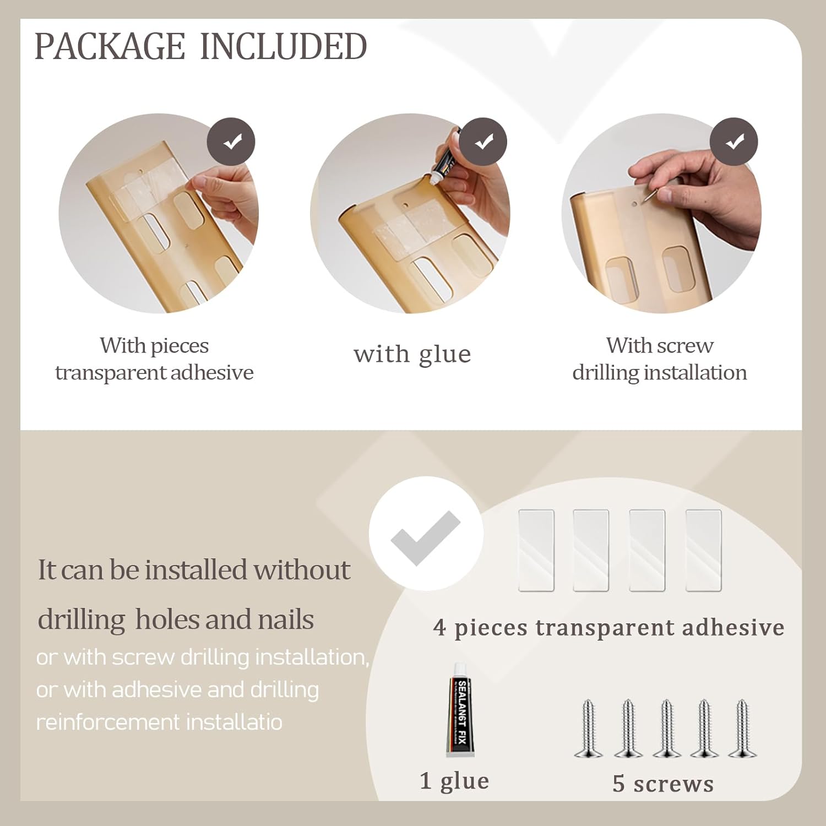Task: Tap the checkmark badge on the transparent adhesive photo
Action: pyautogui.click(x=231, y=142)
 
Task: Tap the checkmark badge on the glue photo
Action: pyautogui.click(x=483, y=142)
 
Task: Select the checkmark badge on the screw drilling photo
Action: pyautogui.click(x=734, y=142)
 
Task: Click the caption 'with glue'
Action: pyautogui.click(x=412, y=355)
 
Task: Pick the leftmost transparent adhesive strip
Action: pyautogui.click(x=536, y=551)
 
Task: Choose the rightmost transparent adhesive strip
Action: pyautogui.click(x=703, y=551)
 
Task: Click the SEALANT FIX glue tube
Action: pyautogui.click(x=460, y=709)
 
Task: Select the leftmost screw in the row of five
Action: pyautogui.click(x=589, y=728)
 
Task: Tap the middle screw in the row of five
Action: pyautogui.click(x=667, y=728)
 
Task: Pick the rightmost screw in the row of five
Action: pyautogui.click(x=742, y=728)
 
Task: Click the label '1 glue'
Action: pyautogui.click(x=454, y=781)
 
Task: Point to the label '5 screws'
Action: pyautogui.click(x=663, y=784)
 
